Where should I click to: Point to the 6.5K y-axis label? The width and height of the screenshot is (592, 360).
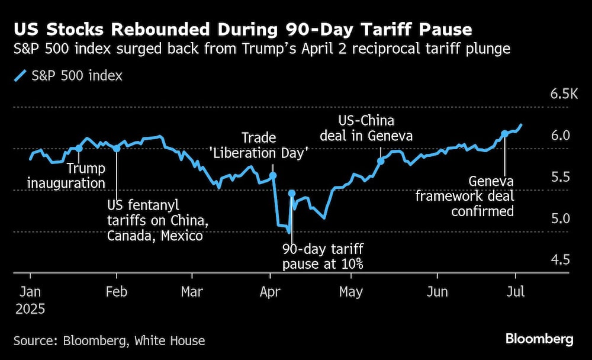(x=563, y=94)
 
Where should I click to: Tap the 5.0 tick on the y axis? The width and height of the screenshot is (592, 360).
(x=560, y=218)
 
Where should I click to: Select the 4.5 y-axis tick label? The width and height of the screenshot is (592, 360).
(x=560, y=260)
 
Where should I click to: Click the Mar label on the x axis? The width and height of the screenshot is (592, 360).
(x=192, y=291)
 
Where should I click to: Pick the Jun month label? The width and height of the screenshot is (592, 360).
(x=437, y=291)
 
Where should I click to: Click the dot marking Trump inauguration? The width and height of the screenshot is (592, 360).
(x=79, y=148)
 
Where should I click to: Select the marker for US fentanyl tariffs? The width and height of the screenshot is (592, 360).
(x=117, y=148)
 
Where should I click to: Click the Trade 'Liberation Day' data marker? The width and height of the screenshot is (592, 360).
(x=273, y=175)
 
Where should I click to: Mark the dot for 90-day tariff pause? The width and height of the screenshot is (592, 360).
(x=291, y=193)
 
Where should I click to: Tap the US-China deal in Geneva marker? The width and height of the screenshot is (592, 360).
(x=381, y=160)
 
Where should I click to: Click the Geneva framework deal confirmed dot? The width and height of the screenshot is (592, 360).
(x=504, y=134)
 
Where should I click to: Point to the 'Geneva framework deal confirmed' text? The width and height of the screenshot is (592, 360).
(x=464, y=196)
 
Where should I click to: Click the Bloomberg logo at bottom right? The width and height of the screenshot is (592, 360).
(x=539, y=339)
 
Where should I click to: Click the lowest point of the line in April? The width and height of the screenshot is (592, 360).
(x=288, y=232)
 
